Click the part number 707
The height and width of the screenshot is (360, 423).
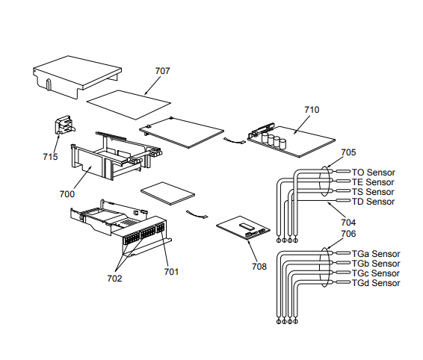[x=162, y=71]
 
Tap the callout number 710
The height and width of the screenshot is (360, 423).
[x=312, y=110]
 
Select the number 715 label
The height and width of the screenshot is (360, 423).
[x=50, y=157]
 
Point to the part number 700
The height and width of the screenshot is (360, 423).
[x=67, y=194]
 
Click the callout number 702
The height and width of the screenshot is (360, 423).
[x=114, y=279]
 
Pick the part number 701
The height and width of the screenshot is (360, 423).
[x=171, y=272]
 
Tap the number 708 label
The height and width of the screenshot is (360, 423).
[x=259, y=267]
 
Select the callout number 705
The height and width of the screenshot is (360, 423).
[x=348, y=152]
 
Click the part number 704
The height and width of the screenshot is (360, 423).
[x=348, y=223]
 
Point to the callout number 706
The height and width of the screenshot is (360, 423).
[x=348, y=234]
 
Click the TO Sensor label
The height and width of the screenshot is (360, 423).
[x=374, y=173]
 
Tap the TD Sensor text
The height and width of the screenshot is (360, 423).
[x=374, y=202]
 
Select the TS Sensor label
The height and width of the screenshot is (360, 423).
[x=373, y=192]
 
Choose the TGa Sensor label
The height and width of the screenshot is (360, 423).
[x=376, y=254]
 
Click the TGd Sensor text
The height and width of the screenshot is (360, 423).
[x=376, y=283]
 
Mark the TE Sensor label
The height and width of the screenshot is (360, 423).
[x=373, y=182]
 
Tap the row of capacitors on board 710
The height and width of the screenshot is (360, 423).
[x=274, y=140]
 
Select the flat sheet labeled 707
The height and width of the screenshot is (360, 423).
[x=129, y=105]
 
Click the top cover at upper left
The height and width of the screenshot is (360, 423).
[x=78, y=77]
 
